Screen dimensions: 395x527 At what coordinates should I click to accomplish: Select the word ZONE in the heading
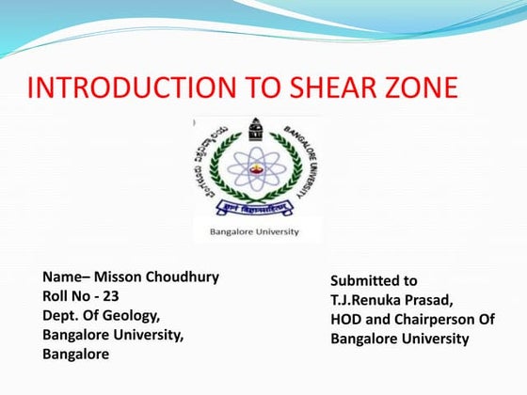click(x=417, y=89)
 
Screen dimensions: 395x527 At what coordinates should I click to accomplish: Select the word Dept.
click(x=60, y=316)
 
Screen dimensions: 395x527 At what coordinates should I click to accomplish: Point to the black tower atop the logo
click(x=255, y=130)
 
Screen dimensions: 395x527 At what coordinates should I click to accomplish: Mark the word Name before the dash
click(x=60, y=277)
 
